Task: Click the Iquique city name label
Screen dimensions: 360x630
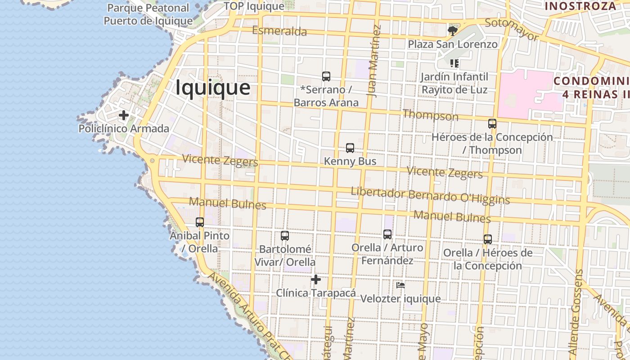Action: point(212,87)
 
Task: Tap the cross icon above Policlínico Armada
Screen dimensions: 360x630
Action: point(124,116)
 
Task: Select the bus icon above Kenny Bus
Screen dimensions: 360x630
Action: point(350,148)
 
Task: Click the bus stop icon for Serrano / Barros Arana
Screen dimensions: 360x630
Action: point(326,76)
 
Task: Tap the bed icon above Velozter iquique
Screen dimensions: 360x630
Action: point(400,285)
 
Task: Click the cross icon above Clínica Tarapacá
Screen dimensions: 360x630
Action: point(316,280)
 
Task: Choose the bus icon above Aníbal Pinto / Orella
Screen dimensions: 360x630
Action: point(200,222)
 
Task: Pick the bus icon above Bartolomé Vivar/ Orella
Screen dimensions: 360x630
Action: point(285,236)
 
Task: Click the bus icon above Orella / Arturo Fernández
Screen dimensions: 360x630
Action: point(387,234)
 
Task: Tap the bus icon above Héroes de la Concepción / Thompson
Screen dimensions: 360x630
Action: point(492,124)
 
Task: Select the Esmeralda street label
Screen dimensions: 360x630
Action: point(279,31)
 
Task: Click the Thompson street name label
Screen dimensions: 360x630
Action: point(430,115)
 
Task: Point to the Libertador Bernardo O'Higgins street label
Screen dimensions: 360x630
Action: point(430,196)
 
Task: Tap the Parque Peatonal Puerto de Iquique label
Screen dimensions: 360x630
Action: point(148,14)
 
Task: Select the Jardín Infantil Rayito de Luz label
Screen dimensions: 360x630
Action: point(454,83)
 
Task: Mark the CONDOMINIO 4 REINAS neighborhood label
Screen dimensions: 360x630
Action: point(592,88)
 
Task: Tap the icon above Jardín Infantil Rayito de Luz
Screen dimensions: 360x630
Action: point(454,63)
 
